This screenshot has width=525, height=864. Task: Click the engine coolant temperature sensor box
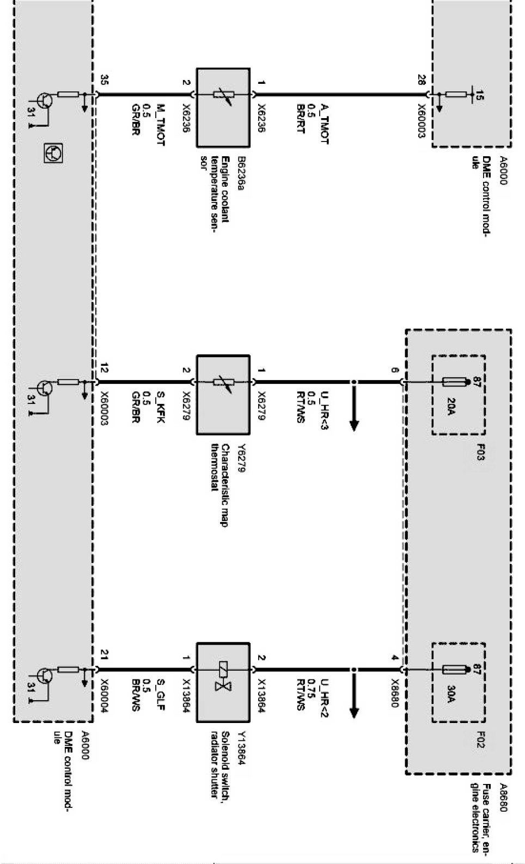click(x=223, y=107)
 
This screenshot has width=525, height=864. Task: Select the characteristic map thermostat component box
click(x=223, y=394)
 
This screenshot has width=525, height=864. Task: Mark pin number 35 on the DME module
click(x=103, y=81)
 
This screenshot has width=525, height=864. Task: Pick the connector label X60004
click(x=103, y=698)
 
